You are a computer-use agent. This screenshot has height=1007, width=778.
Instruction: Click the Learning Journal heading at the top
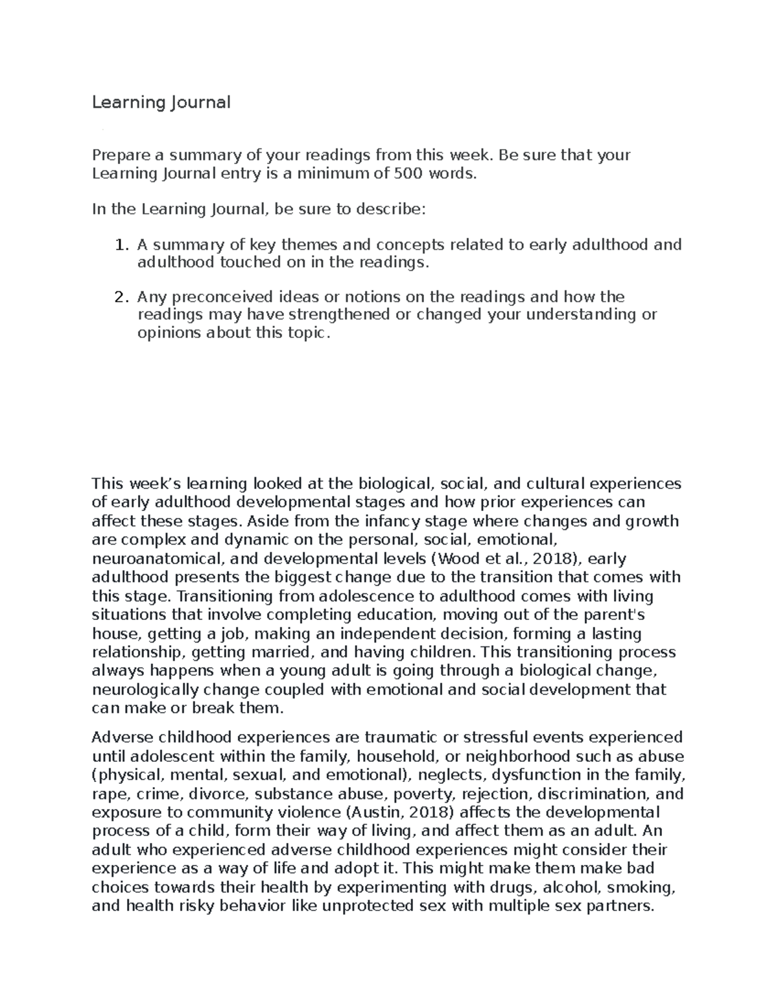tap(161, 102)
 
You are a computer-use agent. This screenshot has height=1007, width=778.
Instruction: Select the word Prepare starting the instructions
tap(120, 155)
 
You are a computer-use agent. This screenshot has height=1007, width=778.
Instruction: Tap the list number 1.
tap(119, 245)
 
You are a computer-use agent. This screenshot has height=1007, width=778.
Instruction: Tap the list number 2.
tap(119, 298)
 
